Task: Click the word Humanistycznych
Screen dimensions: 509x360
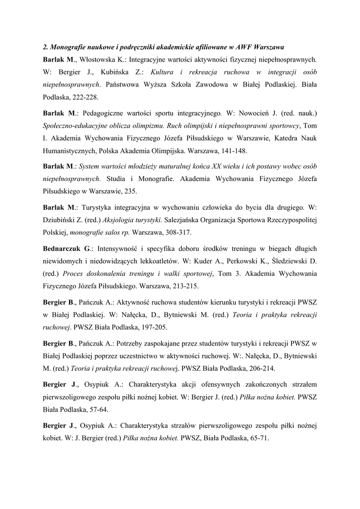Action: point(70,151)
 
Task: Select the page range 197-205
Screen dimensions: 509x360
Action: point(154,327)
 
